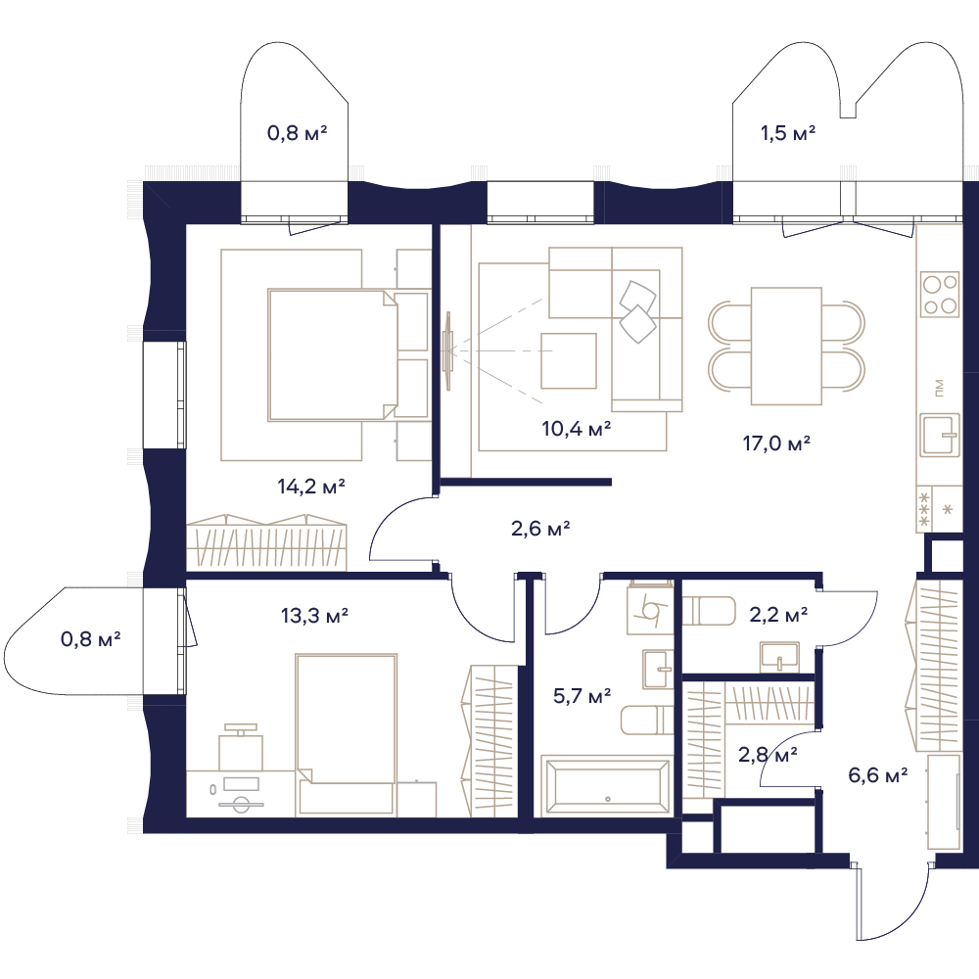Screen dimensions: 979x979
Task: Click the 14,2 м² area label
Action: [x=311, y=487]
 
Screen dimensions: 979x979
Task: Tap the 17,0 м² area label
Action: [x=776, y=443]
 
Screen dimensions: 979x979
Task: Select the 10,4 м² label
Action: [x=577, y=429]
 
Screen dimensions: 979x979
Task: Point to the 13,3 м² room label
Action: [x=314, y=616]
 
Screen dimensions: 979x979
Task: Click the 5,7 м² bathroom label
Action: [x=582, y=695]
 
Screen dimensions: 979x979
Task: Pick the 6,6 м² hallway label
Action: [x=878, y=775]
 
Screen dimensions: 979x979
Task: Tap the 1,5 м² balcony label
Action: [x=788, y=133]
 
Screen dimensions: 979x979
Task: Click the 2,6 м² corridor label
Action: [x=540, y=529]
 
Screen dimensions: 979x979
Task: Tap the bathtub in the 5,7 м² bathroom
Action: [x=606, y=785]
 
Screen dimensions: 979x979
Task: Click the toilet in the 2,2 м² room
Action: [x=709, y=611]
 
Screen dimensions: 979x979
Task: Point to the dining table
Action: [x=786, y=346]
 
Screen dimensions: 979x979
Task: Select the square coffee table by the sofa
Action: [x=568, y=361]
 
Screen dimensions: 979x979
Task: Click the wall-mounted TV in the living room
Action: [x=447, y=350]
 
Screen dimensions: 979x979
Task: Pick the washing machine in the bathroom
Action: [x=650, y=610]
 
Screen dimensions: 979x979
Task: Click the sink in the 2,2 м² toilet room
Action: [x=779, y=658]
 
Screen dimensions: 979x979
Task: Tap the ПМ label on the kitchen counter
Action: [x=940, y=388]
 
